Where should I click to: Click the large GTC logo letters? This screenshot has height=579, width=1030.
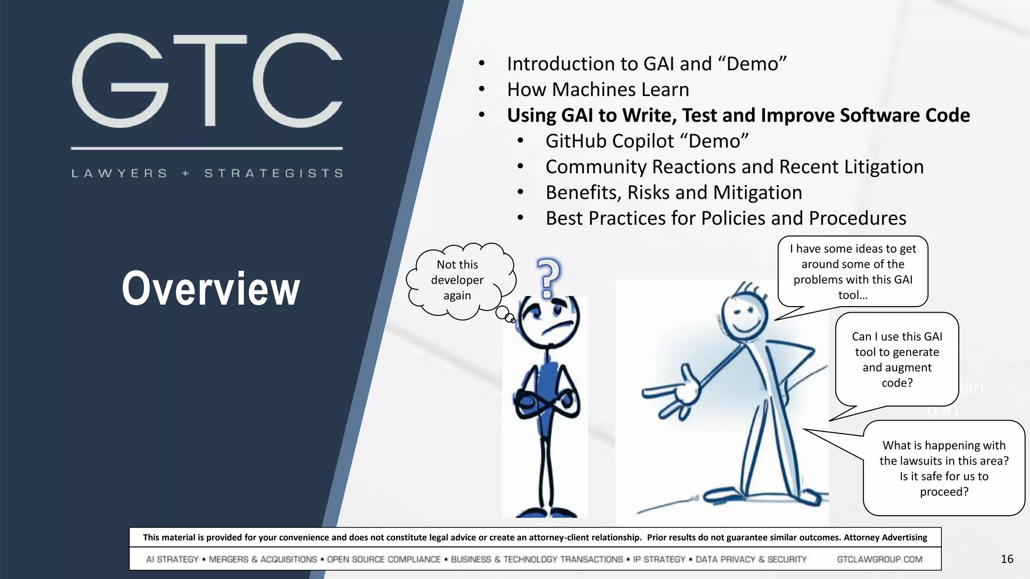click(207, 80)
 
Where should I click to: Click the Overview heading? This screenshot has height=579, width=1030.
click(211, 288)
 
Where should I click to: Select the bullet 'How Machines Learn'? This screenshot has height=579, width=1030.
click(597, 89)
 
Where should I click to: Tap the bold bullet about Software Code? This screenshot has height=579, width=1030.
click(738, 116)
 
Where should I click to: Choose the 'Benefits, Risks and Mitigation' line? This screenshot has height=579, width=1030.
click(673, 192)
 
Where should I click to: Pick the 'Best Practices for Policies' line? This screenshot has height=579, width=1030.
click(725, 219)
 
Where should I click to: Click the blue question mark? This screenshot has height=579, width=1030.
click(548, 277)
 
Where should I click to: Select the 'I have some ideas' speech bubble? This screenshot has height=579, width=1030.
click(852, 271)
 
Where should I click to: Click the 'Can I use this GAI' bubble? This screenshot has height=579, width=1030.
click(897, 359)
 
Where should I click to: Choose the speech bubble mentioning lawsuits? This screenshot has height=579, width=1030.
click(943, 468)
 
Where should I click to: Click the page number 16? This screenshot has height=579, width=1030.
click(1007, 559)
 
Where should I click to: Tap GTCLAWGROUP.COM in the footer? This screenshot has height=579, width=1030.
click(879, 559)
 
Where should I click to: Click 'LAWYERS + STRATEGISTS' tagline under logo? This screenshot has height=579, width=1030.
click(207, 173)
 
